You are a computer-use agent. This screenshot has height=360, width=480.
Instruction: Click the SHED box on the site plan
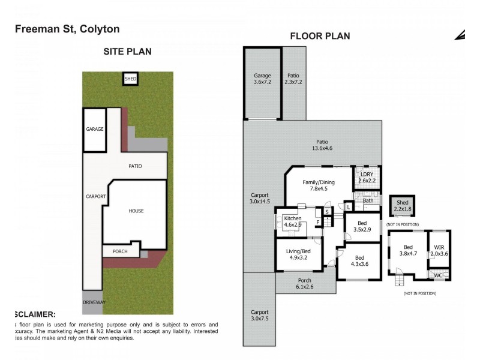coord(130,79)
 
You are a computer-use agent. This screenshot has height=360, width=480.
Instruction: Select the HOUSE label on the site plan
coord(136,211)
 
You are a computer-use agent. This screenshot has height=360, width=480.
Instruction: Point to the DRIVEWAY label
coord(94,302)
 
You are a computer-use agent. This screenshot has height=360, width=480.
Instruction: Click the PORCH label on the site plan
coord(120,251)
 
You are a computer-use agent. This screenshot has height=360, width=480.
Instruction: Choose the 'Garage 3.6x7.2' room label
coord(262,79)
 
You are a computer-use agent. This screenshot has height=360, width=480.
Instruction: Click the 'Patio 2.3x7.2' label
coord(293,79)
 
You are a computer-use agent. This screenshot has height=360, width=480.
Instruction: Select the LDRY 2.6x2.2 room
coord(367,177)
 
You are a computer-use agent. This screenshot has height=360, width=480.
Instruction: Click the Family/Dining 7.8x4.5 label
coord(318,185)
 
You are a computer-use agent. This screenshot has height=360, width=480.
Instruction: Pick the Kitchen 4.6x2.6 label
coord(292,221)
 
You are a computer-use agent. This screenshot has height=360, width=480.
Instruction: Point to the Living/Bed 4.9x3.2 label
coord(298,254)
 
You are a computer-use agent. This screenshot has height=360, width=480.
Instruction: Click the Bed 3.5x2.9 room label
coord(362,226)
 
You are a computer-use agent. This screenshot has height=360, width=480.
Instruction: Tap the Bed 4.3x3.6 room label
coord(359,261)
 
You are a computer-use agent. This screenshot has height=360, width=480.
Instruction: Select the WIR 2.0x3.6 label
coord(439,250)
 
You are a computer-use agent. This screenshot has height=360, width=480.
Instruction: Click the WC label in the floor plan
coord(439,275)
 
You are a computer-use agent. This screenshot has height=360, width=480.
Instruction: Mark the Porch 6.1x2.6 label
coord(305,283)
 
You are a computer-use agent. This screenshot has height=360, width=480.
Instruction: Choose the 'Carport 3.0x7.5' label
coord(259,316)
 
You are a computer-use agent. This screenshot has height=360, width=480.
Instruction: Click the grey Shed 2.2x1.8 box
coord(402,206)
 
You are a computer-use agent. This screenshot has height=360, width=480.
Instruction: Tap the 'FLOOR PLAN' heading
coord(320,36)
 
